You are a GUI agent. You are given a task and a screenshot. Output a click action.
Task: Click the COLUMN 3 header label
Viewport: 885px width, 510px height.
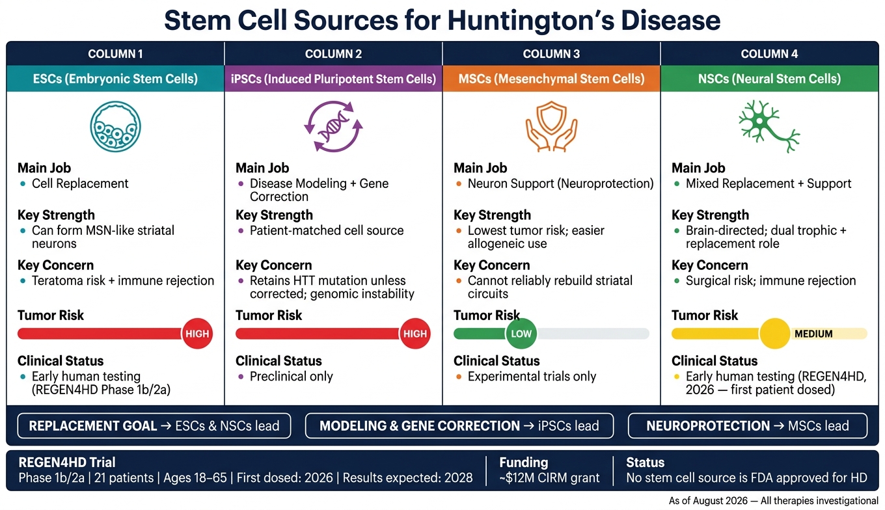point(551,54)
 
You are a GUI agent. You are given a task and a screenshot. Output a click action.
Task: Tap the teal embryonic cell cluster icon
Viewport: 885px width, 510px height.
point(115,126)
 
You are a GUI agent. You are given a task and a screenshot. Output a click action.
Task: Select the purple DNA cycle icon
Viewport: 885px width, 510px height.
point(333,126)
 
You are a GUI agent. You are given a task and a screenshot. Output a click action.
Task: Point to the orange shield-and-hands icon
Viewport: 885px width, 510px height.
point(551,126)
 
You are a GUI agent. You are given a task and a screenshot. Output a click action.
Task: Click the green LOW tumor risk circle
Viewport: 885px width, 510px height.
point(521,334)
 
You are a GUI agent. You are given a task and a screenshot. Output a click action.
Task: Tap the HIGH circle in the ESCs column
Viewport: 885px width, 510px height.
point(197,334)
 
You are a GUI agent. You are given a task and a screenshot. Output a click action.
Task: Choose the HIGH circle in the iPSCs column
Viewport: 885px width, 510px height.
point(415,334)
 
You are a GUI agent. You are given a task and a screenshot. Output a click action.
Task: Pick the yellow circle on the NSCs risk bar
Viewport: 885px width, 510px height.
point(774,334)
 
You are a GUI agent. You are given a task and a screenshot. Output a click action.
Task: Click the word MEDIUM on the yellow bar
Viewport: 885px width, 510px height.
point(813,334)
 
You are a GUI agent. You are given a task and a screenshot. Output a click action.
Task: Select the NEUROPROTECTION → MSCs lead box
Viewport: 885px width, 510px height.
point(748,426)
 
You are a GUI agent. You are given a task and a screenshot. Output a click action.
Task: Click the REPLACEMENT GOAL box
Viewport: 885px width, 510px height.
point(154,426)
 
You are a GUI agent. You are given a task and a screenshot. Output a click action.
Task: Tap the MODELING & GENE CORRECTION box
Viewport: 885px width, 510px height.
point(459,426)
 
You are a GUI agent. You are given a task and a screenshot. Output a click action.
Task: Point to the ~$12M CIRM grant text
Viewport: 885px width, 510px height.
point(549,478)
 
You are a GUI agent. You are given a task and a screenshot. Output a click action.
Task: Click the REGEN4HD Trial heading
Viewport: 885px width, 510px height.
point(67,463)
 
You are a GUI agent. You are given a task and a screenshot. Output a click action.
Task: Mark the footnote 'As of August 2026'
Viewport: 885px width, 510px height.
point(708,501)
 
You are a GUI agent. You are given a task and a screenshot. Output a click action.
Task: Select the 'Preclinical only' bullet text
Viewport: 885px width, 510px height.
point(291,377)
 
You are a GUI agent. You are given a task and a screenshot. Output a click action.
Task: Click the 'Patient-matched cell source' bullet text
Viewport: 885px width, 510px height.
point(327,231)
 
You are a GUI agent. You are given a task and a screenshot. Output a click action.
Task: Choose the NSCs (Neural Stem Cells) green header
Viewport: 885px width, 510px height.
point(769,79)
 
